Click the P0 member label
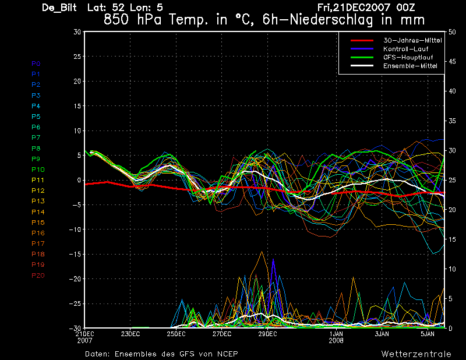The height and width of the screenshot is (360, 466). tap(36, 63)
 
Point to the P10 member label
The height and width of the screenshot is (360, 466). tap(38, 170)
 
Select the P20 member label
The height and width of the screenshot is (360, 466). tap(38, 276)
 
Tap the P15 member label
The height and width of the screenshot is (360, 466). tap(38, 223)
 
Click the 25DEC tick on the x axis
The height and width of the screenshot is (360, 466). tap(176, 334)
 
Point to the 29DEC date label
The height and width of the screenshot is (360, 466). tap(267, 334)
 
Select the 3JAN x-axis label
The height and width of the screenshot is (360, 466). tap(382, 334)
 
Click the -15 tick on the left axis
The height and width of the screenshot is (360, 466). tap(75, 255)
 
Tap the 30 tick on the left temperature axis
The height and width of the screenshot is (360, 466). tap(77, 32)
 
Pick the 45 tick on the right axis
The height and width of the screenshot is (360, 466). tap(452, 62)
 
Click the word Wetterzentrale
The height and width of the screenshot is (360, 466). tap(416, 354)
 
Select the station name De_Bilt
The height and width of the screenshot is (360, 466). tap(59, 8)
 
